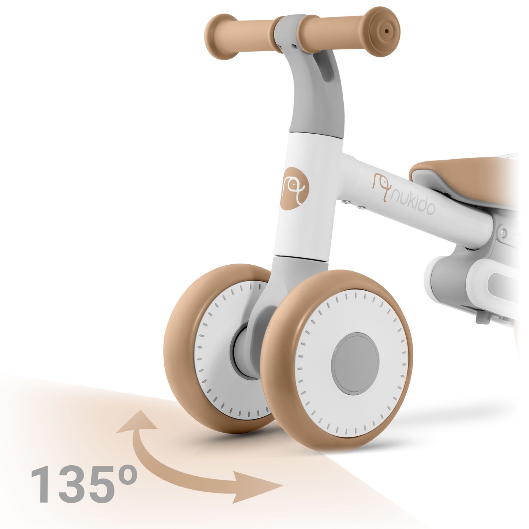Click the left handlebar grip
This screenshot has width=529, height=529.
[x=242, y=37]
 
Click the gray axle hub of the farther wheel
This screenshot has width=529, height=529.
[x=242, y=351]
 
